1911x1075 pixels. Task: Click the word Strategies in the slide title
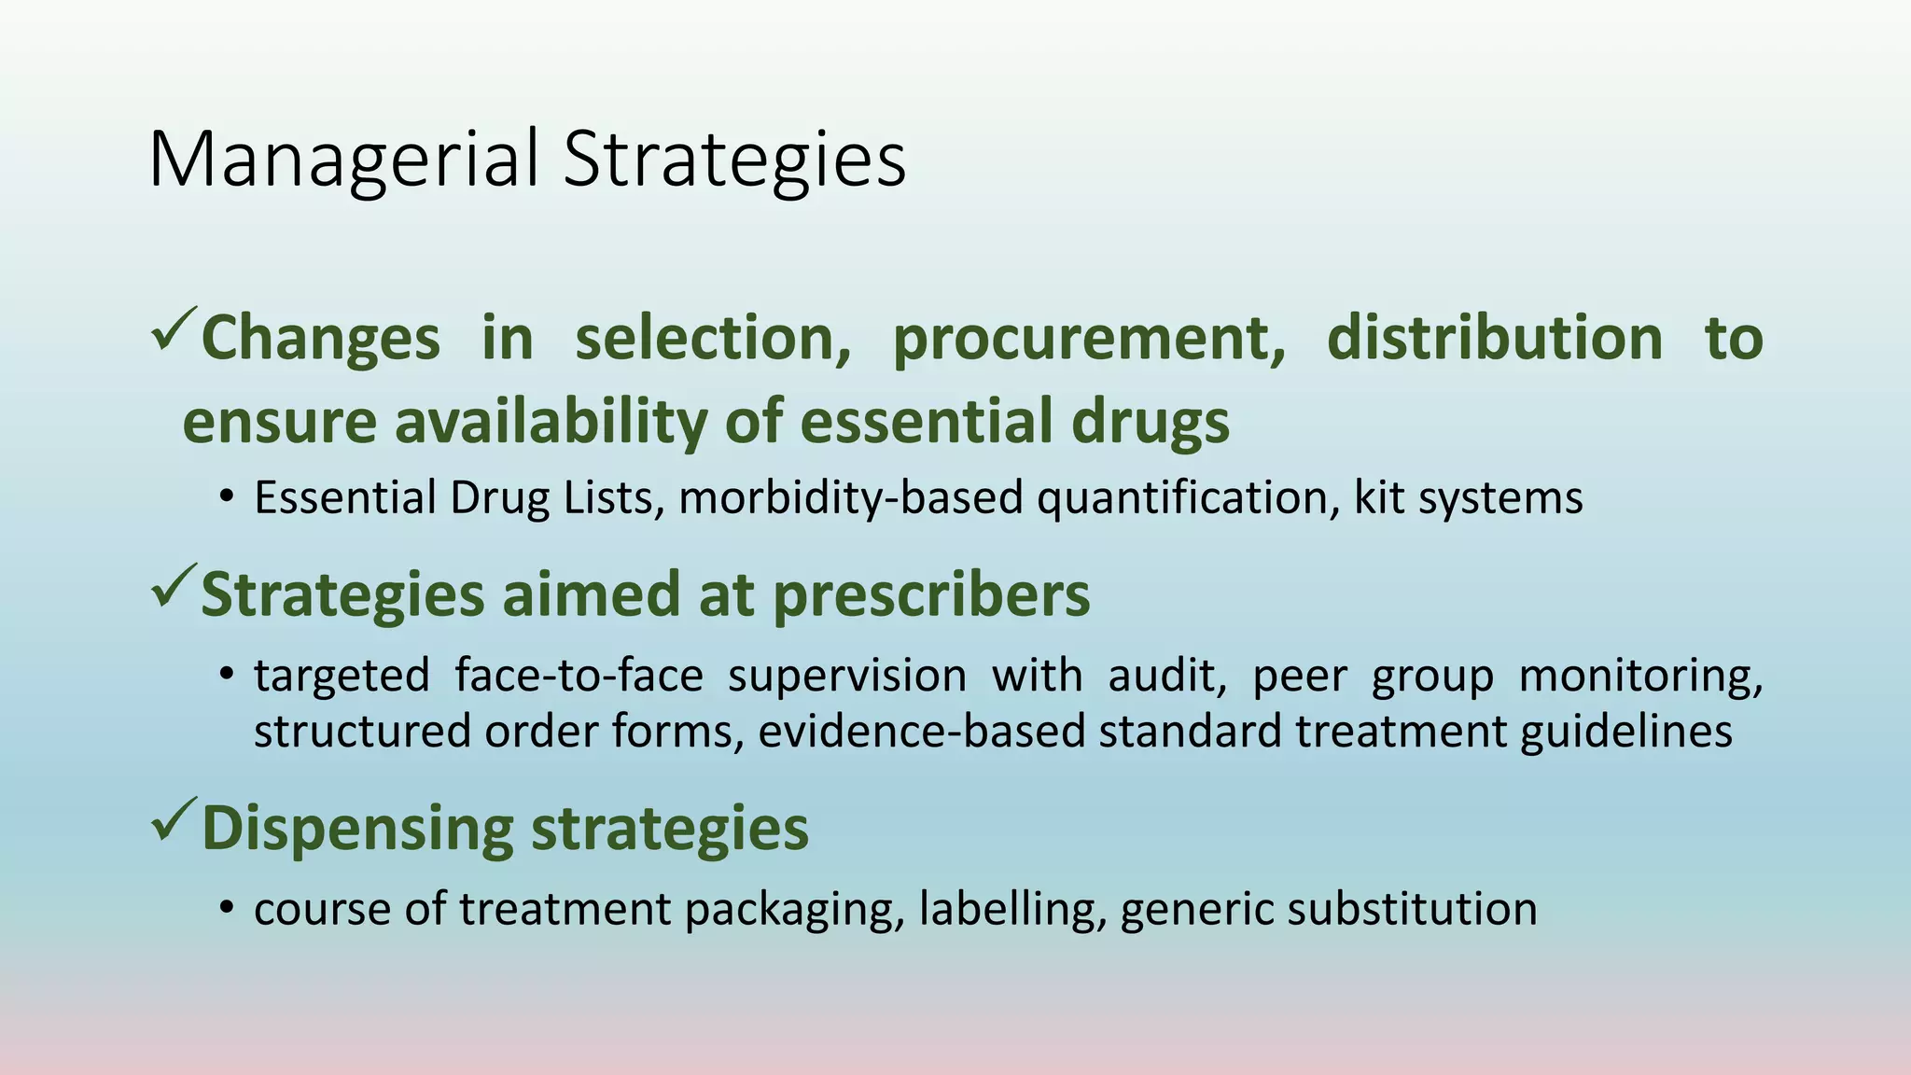(x=734, y=161)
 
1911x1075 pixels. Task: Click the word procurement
(x=1088, y=339)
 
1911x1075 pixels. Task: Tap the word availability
(x=551, y=421)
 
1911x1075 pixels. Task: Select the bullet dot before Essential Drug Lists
(x=226, y=497)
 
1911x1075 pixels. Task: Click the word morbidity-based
(x=850, y=497)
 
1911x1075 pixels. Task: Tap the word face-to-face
(x=579, y=675)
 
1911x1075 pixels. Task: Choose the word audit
(x=1166, y=675)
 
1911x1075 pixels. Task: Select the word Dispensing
(x=357, y=829)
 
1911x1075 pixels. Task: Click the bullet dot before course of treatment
(x=226, y=909)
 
